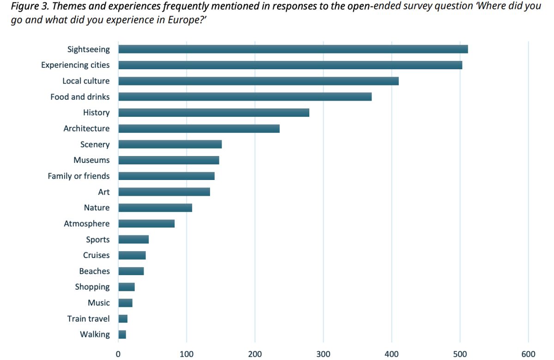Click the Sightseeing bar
pos(293,49)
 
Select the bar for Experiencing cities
pos(290,65)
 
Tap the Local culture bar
pos(259,81)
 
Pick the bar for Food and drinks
pos(245,97)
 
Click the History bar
pos(214,113)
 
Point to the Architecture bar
pos(199,129)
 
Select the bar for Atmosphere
pos(146,224)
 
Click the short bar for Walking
pos(122,335)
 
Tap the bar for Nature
pos(155,208)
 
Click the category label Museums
pos(91,160)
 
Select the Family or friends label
pos(78,176)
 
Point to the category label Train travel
pos(88,318)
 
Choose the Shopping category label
pos(92,287)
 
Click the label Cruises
pos(96,255)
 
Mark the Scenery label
pos(95,144)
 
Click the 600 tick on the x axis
pos(528,354)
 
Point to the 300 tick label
pos(323,354)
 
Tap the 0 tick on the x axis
pos(119,354)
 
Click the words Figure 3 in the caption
pos(29,8)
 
